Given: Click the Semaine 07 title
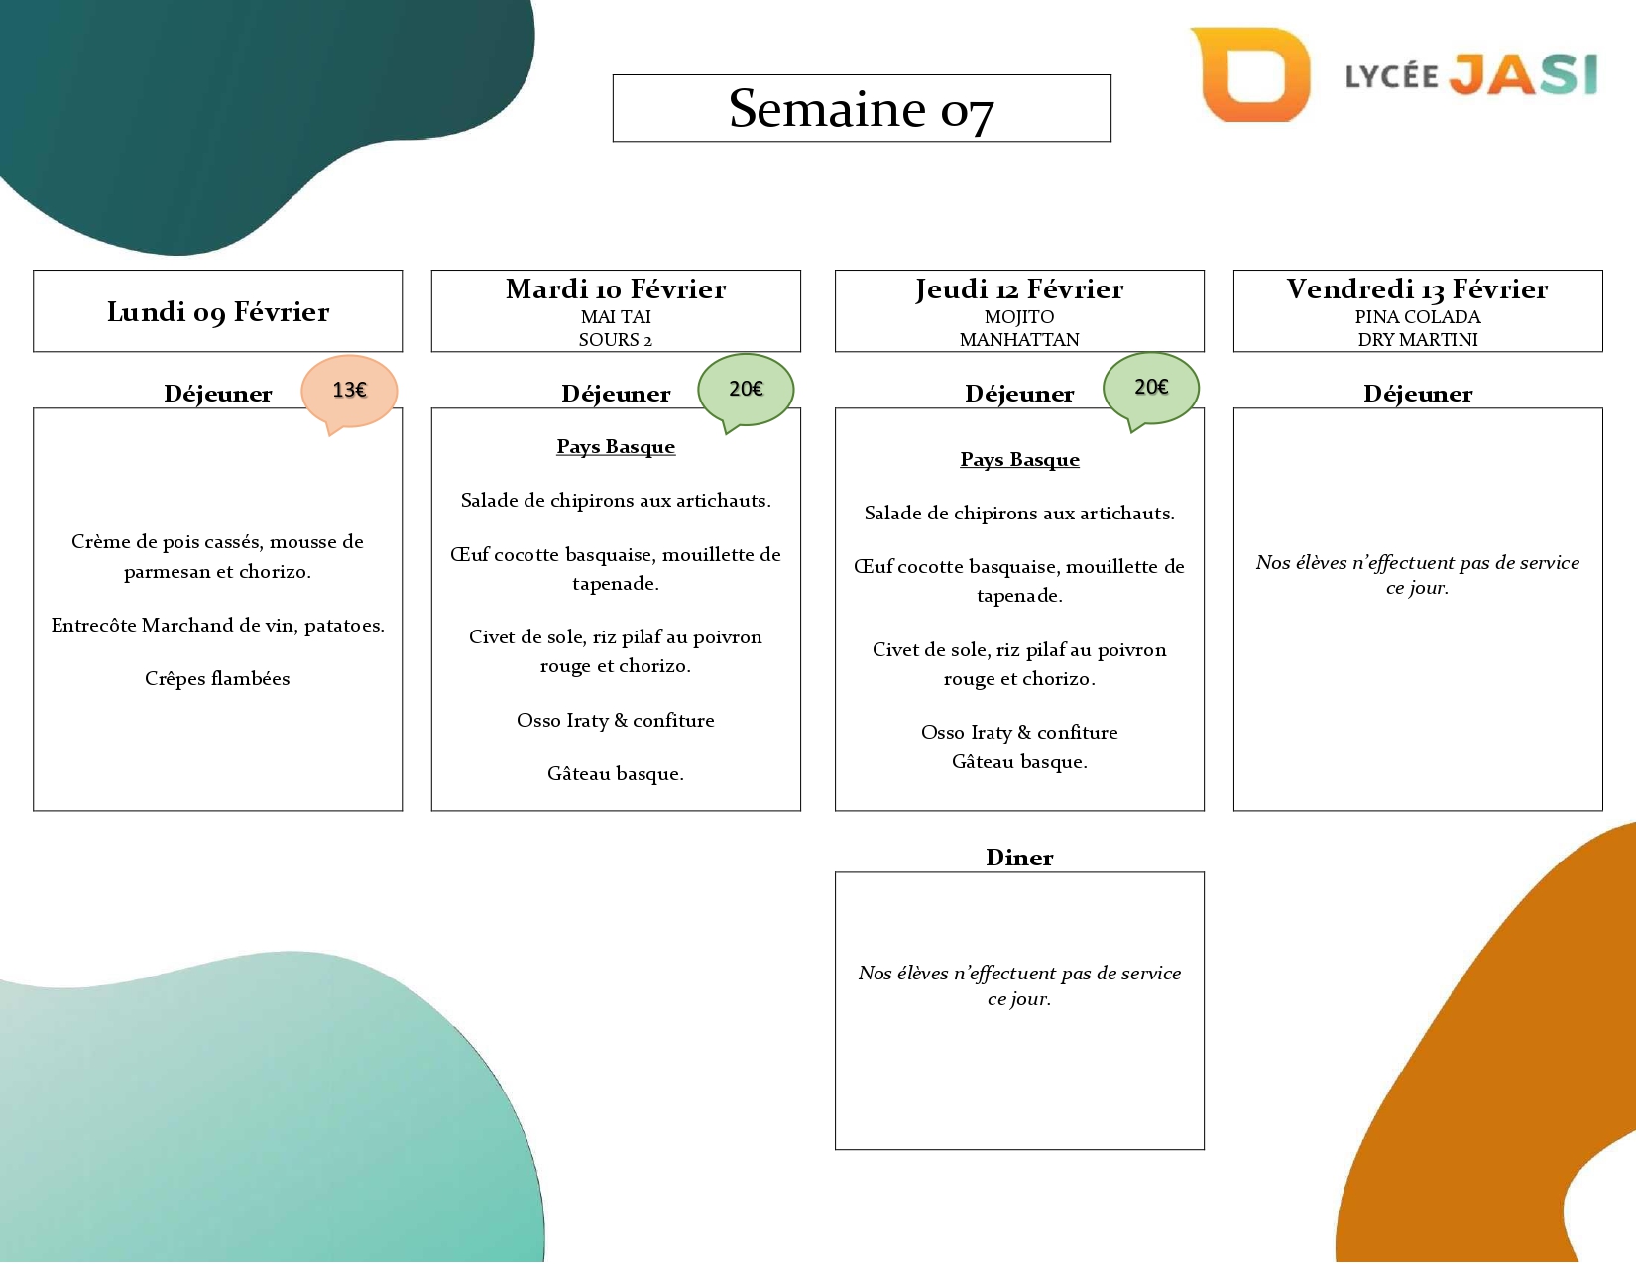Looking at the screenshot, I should (861, 108).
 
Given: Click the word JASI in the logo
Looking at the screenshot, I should (1524, 74).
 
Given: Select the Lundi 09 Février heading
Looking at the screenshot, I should (218, 311).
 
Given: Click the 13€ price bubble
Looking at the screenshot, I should (349, 391).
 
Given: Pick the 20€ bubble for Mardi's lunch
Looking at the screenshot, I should (746, 389).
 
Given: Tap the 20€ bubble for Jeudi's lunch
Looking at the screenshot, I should (1150, 387).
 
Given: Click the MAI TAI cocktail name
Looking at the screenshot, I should (616, 317).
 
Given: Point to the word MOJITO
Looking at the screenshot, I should (1019, 317).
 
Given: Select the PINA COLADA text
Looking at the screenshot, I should (1418, 317).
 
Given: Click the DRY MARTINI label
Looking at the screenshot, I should (1418, 340).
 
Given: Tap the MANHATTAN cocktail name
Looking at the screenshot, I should (1019, 340).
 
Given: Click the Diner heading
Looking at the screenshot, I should (1019, 858).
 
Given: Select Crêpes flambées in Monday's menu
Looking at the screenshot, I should (217, 679).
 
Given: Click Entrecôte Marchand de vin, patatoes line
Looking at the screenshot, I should (218, 626).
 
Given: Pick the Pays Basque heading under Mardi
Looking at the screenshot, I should (616, 447).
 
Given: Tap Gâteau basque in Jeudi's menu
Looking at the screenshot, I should (1019, 762).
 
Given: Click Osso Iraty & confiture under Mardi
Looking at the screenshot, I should (616, 721).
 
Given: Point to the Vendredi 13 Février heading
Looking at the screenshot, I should (1418, 289).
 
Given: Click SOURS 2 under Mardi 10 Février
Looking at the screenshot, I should (616, 340).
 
